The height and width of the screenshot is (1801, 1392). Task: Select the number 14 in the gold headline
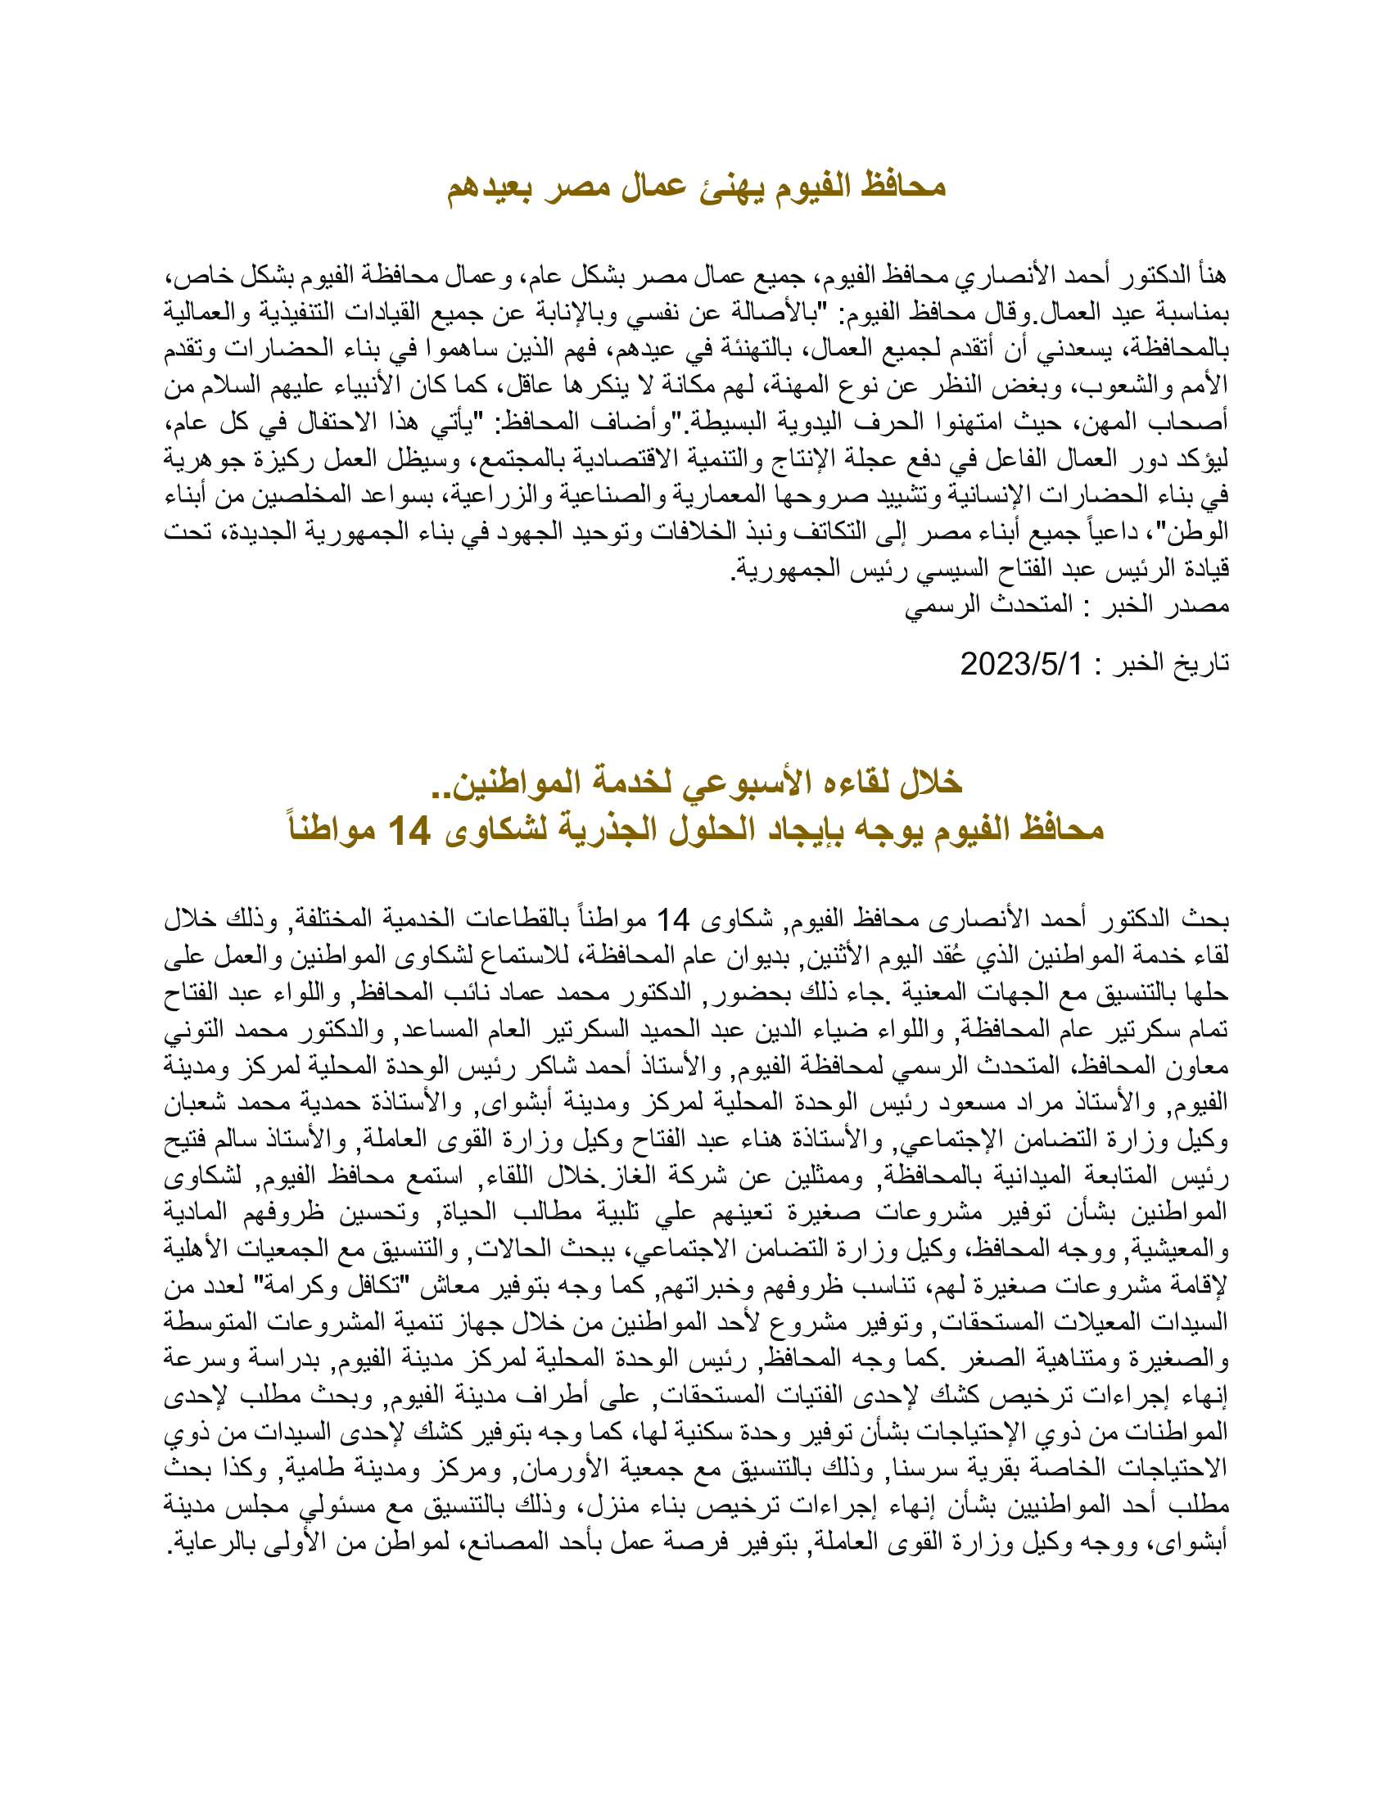pos(409,830)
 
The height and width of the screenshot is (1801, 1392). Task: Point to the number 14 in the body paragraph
pos(672,919)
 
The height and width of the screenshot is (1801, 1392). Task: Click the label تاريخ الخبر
pos(1171,664)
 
